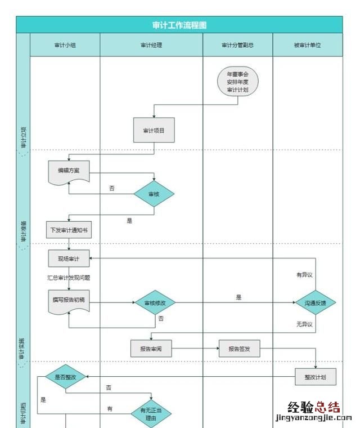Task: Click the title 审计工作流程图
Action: (x=179, y=25)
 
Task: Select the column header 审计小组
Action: (x=65, y=45)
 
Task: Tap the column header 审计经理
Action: (x=151, y=45)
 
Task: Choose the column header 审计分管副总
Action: (x=237, y=45)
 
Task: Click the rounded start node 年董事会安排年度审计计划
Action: (x=237, y=82)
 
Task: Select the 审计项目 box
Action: (x=154, y=130)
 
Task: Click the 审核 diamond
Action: (x=154, y=194)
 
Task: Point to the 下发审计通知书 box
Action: (x=69, y=230)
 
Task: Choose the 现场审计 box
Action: (x=69, y=259)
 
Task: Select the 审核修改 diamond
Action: (x=155, y=303)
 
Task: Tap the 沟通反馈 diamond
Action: (x=316, y=303)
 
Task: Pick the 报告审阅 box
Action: (x=151, y=349)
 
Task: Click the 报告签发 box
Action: (x=239, y=349)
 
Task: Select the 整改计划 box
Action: (x=316, y=377)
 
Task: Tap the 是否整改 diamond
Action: (x=65, y=377)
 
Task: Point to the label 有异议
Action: (x=304, y=275)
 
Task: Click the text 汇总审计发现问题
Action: (x=69, y=278)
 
